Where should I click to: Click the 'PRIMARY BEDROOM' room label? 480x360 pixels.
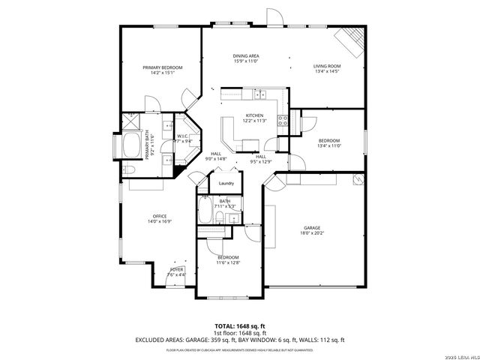[162, 67]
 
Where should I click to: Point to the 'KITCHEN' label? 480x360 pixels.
[254, 115]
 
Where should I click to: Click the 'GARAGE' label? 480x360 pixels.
[311, 227]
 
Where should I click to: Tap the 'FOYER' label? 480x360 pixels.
[176, 268]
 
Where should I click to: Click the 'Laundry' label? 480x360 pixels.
[226, 184]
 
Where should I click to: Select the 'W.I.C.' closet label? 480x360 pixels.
[183, 136]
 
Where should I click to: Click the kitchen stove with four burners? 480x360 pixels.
[283, 121]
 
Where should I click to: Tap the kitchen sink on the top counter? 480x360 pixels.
[260, 94]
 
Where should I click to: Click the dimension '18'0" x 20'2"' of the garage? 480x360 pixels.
[311, 233]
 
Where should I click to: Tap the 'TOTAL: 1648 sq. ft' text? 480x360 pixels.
[239, 325]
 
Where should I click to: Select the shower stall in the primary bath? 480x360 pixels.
[132, 119]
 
